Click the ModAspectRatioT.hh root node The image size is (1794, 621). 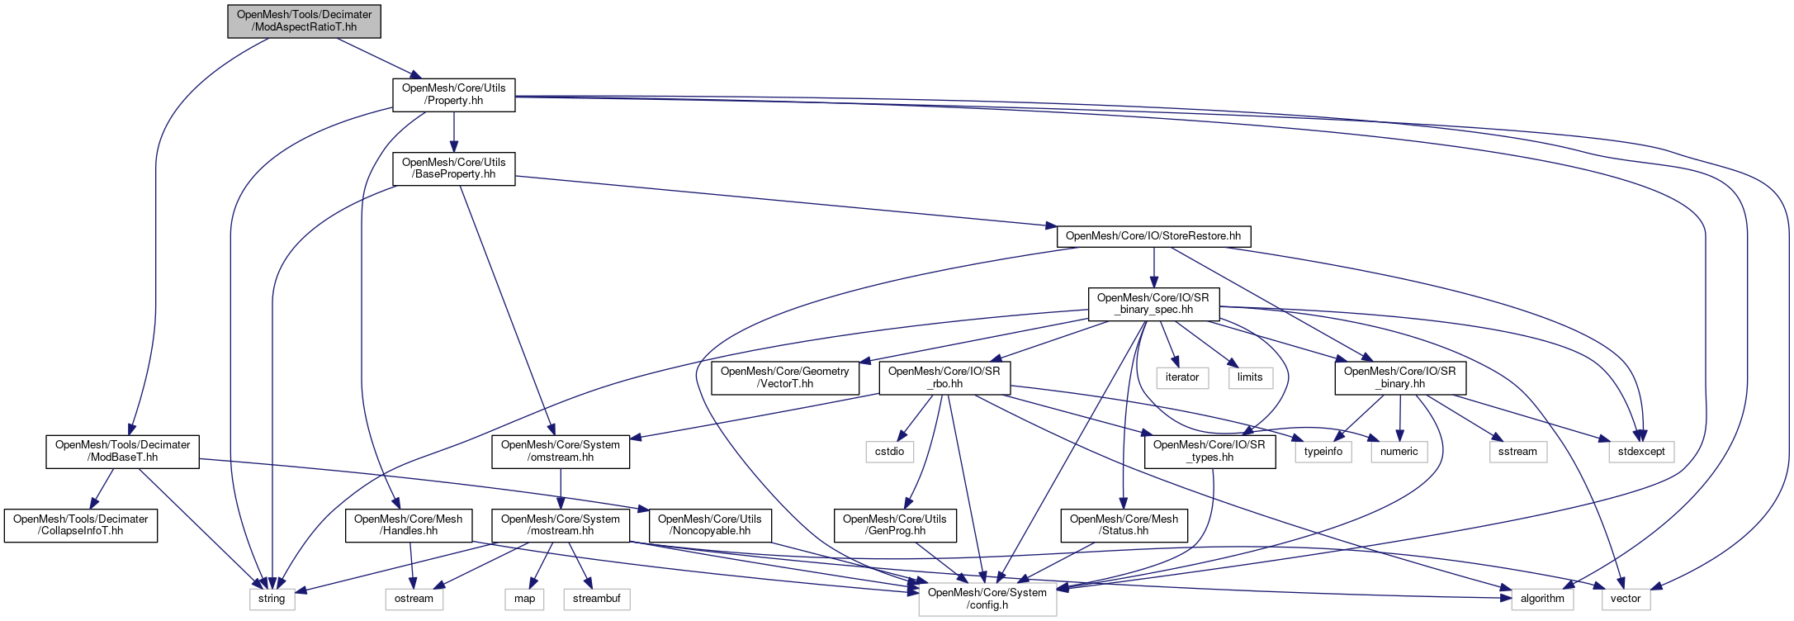(305, 21)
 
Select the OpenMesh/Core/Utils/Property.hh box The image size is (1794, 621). (453, 95)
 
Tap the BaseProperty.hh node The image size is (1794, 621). (453, 168)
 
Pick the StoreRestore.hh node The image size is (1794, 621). (1153, 236)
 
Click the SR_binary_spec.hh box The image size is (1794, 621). (1153, 304)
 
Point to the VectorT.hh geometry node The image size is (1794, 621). (784, 377)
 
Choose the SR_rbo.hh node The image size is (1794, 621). (944, 377)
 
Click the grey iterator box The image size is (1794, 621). (1182, 377)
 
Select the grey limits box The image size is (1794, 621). (1250, 377)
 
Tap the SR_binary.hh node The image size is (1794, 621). (1400, 377)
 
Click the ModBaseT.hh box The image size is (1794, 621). (122, 451)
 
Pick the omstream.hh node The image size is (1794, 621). (561, 451)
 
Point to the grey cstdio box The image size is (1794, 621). (890, 452)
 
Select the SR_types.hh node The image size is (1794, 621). (1209, 451)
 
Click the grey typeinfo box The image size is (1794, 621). (1323, 452)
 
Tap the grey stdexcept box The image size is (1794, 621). (1641, 452)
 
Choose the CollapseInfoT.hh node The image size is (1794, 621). (80, 525)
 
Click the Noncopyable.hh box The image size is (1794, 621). (710, 525)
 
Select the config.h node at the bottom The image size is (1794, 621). (987, 599)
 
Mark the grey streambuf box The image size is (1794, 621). (597, 599)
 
